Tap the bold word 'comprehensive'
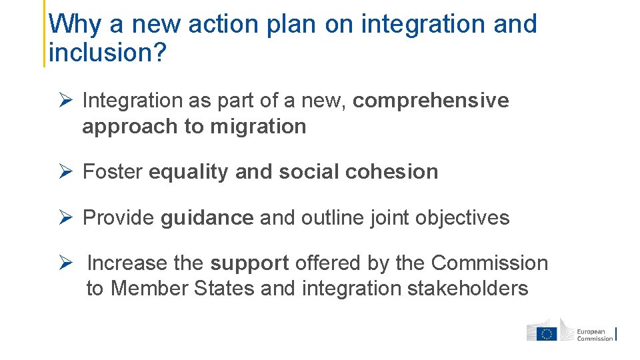click(x=431, y=101)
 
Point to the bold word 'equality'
click(x=189, y=172)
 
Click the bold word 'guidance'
click(x=207, y=218)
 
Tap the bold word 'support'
click(x=249, y=263)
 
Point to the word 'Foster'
click(x=112, y=172)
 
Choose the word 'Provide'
click(x=118, y=218)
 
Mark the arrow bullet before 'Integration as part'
click(x=65, y=101)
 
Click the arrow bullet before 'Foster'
click(x=65, y=172)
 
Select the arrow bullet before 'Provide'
click(x=65, y=218)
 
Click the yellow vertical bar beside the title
click(x=45, y=33)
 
